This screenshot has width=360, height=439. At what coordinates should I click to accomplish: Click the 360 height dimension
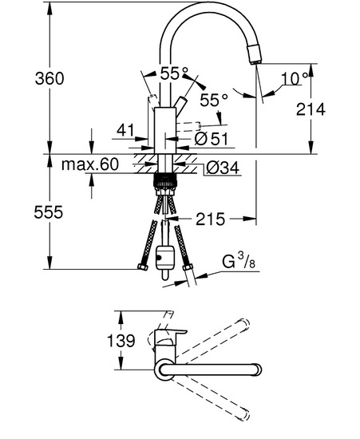point(49,78)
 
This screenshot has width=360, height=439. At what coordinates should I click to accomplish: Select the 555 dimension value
point(49,212)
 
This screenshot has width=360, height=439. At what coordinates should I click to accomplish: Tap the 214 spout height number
point(311,109)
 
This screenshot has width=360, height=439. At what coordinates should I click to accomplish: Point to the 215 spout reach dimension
point(210,219)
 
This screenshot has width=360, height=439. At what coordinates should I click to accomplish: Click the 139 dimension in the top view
point(121,341)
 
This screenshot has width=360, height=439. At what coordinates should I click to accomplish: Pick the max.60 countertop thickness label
point(90,164)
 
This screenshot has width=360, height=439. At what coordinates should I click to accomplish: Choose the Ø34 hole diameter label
point(223,168)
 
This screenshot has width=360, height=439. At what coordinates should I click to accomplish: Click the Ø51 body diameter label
point(212,139)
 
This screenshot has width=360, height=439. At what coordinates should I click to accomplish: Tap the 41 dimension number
point(125,130)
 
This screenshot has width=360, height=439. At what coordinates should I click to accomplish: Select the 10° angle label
point(295,78)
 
